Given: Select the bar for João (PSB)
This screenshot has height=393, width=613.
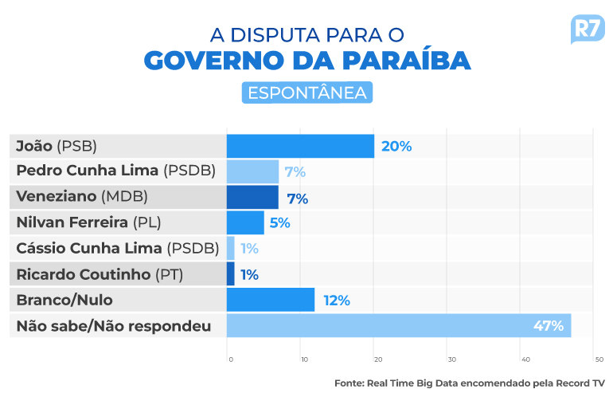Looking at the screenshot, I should (x=300, y=146).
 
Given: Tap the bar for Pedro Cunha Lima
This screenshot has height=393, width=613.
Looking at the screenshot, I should (x=252, y=171).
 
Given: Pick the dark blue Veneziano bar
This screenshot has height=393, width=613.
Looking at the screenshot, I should (x=252, y=198).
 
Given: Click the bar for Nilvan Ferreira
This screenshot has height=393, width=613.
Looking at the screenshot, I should (x=245, y=223).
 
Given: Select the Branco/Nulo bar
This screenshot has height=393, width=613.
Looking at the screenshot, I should (x=271, y=300).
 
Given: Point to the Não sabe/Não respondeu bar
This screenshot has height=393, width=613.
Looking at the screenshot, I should (x=398, y=325).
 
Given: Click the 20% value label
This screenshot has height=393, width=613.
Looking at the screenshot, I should (x=396, y=146).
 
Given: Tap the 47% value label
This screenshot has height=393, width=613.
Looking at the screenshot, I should (x=549, y=325).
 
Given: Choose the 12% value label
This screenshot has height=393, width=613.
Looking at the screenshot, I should (x=337, y=301).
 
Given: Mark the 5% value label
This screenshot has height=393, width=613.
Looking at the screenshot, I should (x=279, y=223).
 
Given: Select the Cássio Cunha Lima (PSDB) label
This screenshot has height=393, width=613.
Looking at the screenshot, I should (x=117, y=249).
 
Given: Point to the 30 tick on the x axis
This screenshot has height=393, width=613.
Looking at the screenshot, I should (x=451, y=360).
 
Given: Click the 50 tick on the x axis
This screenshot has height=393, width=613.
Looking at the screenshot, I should (x=599, y=360).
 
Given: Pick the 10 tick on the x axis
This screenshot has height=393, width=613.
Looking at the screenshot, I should (x=304, y=360).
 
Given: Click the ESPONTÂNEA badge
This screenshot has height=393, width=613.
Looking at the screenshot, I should (x=306, y=92).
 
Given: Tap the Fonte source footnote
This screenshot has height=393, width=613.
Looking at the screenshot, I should (x=470, y=383).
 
